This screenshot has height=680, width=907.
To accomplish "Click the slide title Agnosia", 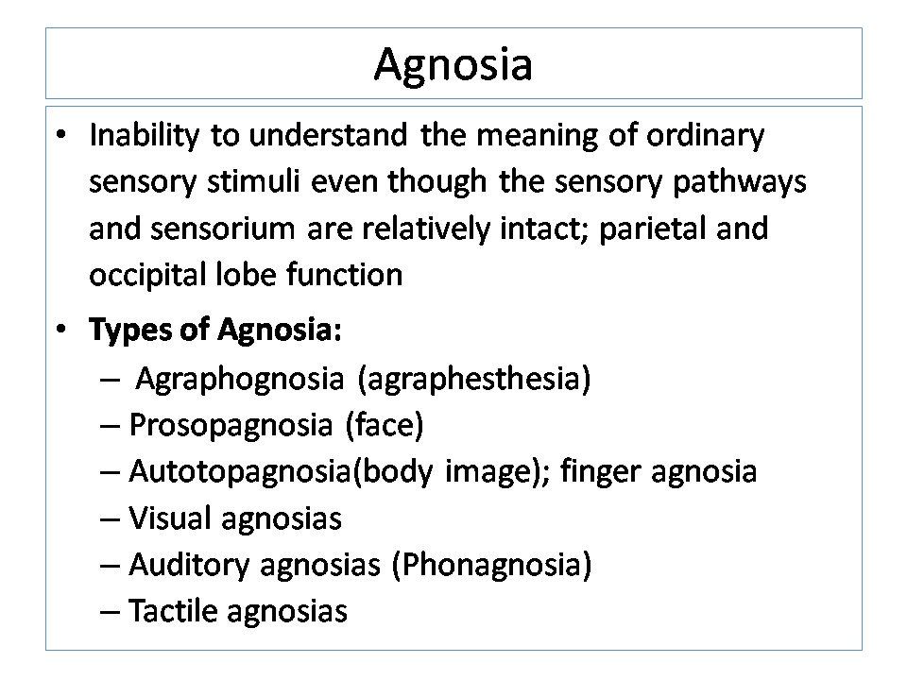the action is (453, 65).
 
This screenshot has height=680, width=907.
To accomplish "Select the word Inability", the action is (144, 136).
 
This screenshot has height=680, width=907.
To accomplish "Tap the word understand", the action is (328, 135).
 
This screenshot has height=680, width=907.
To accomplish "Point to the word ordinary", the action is (705, 136).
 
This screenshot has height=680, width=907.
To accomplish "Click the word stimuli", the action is (253, 181).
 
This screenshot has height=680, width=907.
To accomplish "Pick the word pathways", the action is (739, 182).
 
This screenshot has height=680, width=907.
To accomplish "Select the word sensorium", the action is (223, 229).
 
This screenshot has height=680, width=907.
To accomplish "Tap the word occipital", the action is (147, 276).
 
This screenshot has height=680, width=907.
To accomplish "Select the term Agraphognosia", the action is (239, 381).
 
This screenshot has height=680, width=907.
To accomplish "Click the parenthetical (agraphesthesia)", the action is (474, 381).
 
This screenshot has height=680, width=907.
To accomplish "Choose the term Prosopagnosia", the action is (231, 427).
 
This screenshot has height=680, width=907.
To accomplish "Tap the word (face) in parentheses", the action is (385, 426).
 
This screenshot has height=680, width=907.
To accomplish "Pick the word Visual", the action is (169, 518).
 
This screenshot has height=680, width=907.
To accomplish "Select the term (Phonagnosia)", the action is (491, 565).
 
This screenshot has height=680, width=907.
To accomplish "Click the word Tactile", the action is (172, 611).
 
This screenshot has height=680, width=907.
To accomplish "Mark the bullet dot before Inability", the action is (61, 135).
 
